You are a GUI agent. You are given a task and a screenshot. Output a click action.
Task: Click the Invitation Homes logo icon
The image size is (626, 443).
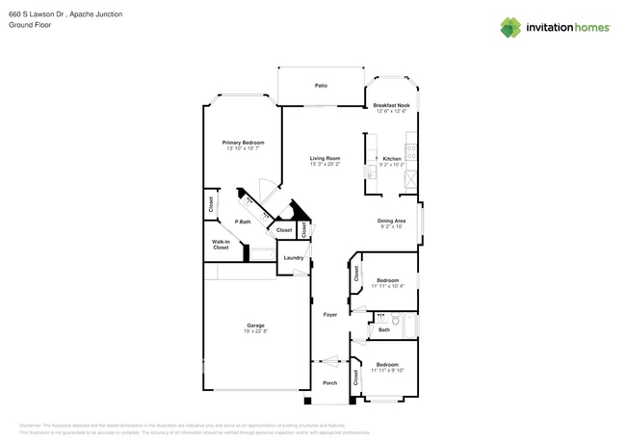pyautogui.click(x=510, y=27)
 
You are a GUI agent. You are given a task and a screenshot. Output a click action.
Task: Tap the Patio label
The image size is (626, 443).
pyautogui.click(x=321, y=86)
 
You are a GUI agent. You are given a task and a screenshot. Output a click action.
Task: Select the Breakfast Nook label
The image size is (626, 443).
pyautogui.click(x=391, y=105)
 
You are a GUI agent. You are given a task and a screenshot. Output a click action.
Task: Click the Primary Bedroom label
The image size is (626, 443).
pyautogui.click(x=243, y=143)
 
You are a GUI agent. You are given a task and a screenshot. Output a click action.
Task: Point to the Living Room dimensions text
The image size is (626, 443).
pyautogui.click(x=325, y=165)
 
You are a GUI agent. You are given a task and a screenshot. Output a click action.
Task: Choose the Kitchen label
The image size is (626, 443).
pyautogui.click(x=392, y=158)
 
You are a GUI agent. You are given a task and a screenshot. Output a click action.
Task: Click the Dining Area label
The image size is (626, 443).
pyautogui.click(x=391, y=221)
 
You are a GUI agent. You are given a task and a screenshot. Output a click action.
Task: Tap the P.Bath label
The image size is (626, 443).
pyautogui.click(x=243, y=221)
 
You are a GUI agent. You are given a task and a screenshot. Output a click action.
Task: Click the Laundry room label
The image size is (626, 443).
pyautogui.click(x=294, y=257)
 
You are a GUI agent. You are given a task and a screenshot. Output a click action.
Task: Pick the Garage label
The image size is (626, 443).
pyautogui.click(x=255, y=326)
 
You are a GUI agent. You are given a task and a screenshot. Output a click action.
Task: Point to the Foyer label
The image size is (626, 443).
pyautogui.click(x=330, y=314)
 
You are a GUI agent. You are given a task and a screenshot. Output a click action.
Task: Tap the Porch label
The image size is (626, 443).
pyautogui.click(x=329, y=382)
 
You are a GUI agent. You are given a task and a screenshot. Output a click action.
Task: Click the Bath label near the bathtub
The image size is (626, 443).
pyautogui.click(x=384, y=329)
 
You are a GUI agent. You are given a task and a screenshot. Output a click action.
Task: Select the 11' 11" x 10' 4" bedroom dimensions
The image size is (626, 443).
pyautogui.click(x=387, y=286)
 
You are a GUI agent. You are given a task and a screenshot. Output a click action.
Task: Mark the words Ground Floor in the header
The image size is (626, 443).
pyautogui.click(x=30, y=25)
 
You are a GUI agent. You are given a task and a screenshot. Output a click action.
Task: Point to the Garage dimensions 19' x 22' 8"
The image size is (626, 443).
pyautogui.click(x=255, y=331)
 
